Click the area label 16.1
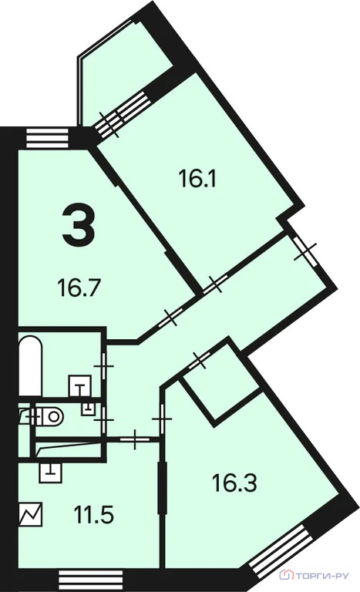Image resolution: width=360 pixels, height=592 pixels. tap(197, 179)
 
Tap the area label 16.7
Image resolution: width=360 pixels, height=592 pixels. tap(79, 288)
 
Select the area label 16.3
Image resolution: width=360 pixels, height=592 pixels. tap(234, 483)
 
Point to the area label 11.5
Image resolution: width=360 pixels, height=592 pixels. tap(94, 515)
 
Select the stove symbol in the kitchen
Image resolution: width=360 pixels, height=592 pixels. tap(31, 514)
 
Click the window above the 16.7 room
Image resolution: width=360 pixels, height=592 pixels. tap(48, 138)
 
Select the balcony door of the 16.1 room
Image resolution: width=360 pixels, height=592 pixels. tap(121, 114)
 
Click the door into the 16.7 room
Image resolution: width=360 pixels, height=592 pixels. tap(171, 317)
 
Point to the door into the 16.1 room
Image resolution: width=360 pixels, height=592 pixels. tap(215, 284)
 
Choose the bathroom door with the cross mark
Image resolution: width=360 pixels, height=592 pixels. tap(104, 366)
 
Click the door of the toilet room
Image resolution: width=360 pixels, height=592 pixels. tap(104, 419)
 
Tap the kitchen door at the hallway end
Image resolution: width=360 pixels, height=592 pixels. tap(135, 439)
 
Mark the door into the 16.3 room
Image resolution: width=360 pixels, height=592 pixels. tap(162, 419)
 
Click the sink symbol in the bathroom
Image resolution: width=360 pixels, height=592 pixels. tap(80, 386)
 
